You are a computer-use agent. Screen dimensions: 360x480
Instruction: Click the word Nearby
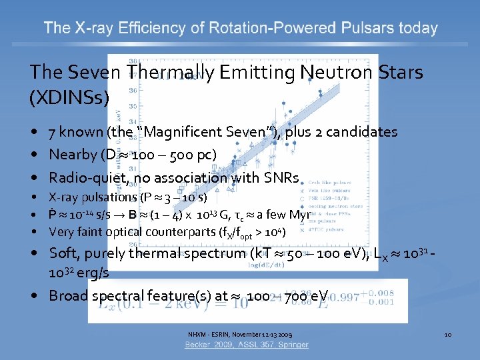point(73,155)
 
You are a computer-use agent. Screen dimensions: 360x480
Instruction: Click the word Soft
point(64,253)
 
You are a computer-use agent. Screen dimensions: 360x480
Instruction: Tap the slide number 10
point(447,333)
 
